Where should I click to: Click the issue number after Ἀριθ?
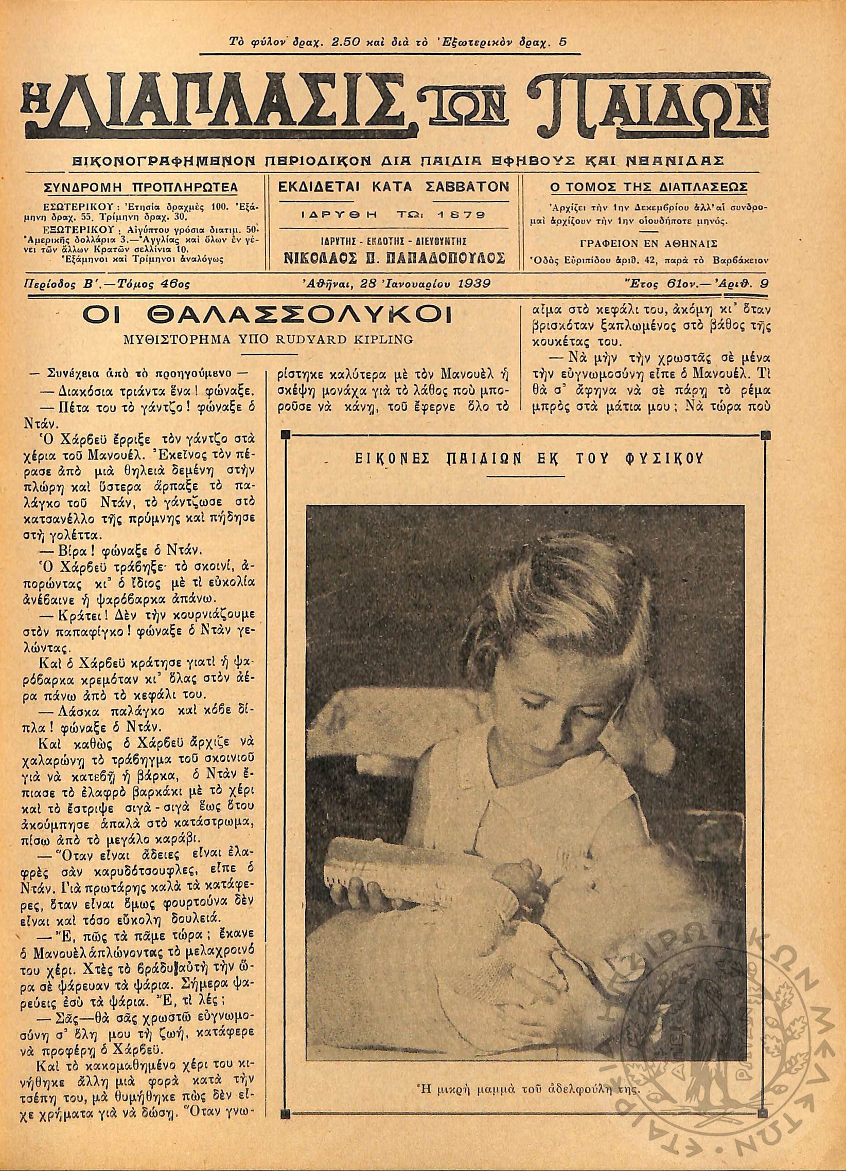[764, 283]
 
